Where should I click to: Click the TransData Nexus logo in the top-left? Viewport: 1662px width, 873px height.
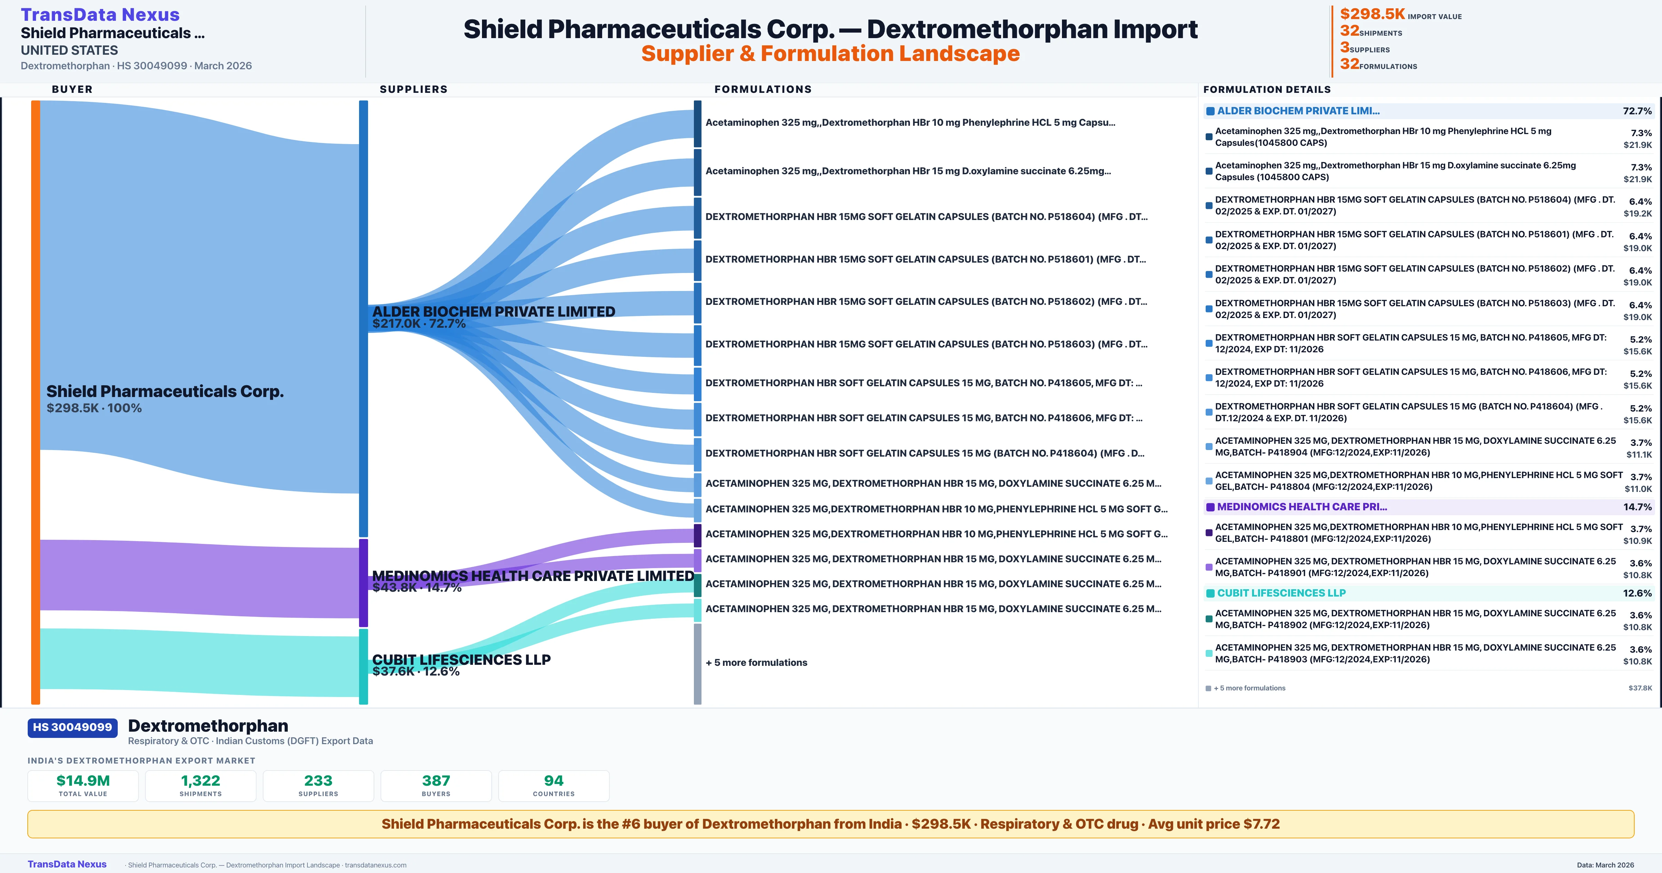point(100,14)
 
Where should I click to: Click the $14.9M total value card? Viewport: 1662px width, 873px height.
point(83,785)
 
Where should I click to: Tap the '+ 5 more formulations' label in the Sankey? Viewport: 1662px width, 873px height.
point(756,662)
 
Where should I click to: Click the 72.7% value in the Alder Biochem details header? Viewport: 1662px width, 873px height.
point(1637,111)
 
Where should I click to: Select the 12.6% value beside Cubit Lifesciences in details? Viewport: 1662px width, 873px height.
point(1637,593)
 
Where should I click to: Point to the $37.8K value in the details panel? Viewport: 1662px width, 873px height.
point(1639,688)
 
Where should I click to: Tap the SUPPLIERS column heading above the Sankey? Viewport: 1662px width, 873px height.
point(413,89)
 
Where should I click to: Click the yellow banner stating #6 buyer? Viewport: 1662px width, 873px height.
point(830,824)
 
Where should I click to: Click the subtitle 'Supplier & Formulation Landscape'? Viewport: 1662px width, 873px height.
point(830,54)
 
